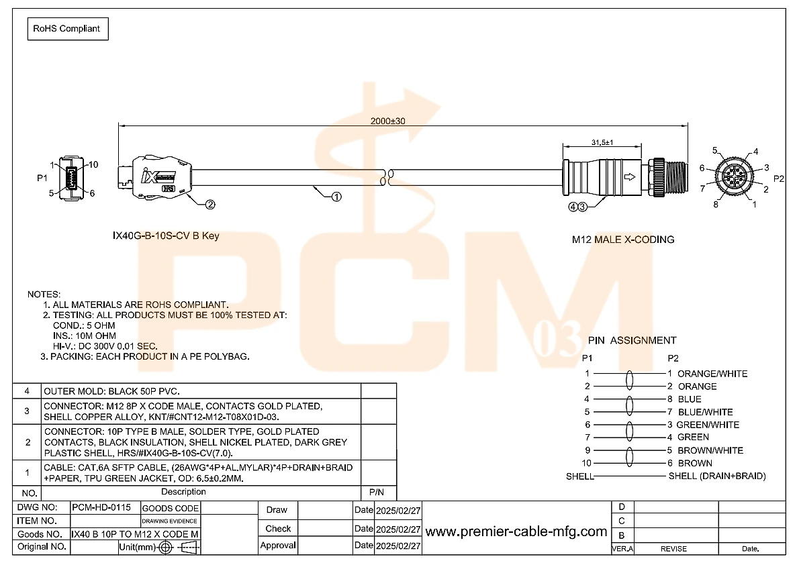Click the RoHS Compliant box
pyautogui.click(x=67, y=29)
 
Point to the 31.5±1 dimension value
pyautogui.click(x=603, y=142)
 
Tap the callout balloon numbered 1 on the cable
pyautogui.click(x=336, y=197)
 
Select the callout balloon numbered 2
pyautogui.click(x=210, y=205)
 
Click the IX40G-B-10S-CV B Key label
pyautogui.click(x=165, y=236)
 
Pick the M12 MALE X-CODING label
pyautogui.click(x=622, y=240)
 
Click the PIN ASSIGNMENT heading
pyautogui.click(x=632, y=340)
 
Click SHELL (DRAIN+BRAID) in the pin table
pyautogui.click(x=716, y=476)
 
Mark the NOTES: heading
pyautogui.click(x=44, y=295)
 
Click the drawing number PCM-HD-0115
pyautogui.click(x=102, y=508)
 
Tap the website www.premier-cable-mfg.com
pyautogui.click(x=516, y=532)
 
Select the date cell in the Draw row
pyautogui.click(x=397, y=510)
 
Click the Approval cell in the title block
pyautogui.click(x=278, y=546)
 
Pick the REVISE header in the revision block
pyautogui.click(x=673, y=548)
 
